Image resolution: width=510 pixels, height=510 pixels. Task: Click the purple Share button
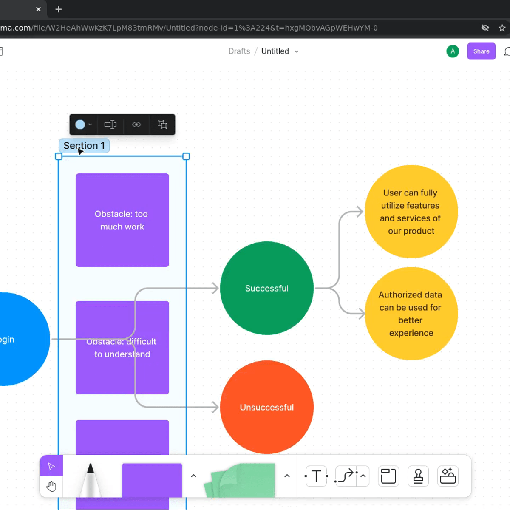(x=481, y=51)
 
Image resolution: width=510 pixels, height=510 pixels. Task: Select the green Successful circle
(x=266, y=288)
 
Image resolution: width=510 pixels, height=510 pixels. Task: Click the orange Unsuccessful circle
(x=266, y=407)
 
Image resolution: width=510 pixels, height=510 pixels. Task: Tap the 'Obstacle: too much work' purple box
(x=122, y=220)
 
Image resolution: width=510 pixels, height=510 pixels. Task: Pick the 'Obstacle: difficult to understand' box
(x=122, y=370)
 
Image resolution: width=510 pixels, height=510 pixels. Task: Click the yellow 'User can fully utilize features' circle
(x=411, y=212)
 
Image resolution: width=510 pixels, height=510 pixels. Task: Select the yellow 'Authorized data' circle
(x=411, y=314)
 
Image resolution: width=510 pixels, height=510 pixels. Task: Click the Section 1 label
(x=84, y=146)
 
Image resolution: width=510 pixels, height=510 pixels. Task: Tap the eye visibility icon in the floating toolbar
(x=136, y=125)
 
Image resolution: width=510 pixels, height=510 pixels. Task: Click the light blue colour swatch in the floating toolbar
(x=80, y=125)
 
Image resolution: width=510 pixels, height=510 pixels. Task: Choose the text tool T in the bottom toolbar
(x=316, y=476)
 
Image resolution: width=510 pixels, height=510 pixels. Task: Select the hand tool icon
(x=51, y=486)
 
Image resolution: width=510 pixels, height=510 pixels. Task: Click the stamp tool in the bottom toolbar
(x=418, y=476)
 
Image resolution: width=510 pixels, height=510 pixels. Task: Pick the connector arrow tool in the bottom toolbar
(x=345, y=476)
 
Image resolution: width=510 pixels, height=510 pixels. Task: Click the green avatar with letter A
(x=453, y=51)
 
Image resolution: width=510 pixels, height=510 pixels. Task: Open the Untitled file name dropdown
(x=297, y=51)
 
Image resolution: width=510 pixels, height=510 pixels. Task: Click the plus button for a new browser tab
(x=59, y=9)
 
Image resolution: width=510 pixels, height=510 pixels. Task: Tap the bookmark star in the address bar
(x=502, y=28)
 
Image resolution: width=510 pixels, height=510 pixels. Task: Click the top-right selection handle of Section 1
(x=186, y=156)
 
